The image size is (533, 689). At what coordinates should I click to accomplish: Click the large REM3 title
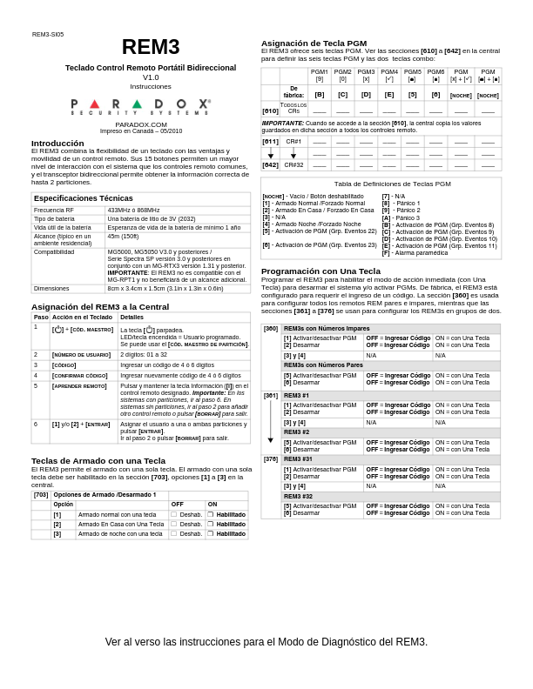(x=151, y=48)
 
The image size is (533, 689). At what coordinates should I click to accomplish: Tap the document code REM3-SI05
(x=48, y=35)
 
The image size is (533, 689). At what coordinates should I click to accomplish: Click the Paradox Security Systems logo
(x=140, y=106)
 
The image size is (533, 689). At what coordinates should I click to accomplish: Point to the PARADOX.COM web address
(x=140, y=124)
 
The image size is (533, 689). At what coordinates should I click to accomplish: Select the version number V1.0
(x=151, y=77)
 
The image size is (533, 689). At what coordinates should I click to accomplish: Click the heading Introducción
(x=57, y=143)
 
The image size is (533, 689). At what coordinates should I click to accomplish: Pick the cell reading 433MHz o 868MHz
(x=134, y=210)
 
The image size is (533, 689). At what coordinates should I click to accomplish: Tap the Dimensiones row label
(x=52, y=288)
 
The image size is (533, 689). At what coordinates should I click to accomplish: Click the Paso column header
(x=41, y=318)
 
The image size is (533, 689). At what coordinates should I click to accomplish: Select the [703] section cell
(x=41, y=495)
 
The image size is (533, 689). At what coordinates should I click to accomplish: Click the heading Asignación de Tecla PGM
(x=314, y=43)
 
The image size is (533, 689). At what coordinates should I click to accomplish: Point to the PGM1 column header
(x=320, y=72)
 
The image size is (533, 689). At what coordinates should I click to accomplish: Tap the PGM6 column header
(x=435, y=72)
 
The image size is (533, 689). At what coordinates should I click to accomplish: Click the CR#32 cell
(x=293, y=164)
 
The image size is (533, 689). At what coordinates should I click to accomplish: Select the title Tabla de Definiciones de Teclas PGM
(x=381, y=184)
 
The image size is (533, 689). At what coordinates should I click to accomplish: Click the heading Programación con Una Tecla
(x=320, y=271)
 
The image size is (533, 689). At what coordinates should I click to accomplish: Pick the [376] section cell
(x=271, y=459)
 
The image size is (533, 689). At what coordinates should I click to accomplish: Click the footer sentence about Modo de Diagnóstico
(x=266, y=642)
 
